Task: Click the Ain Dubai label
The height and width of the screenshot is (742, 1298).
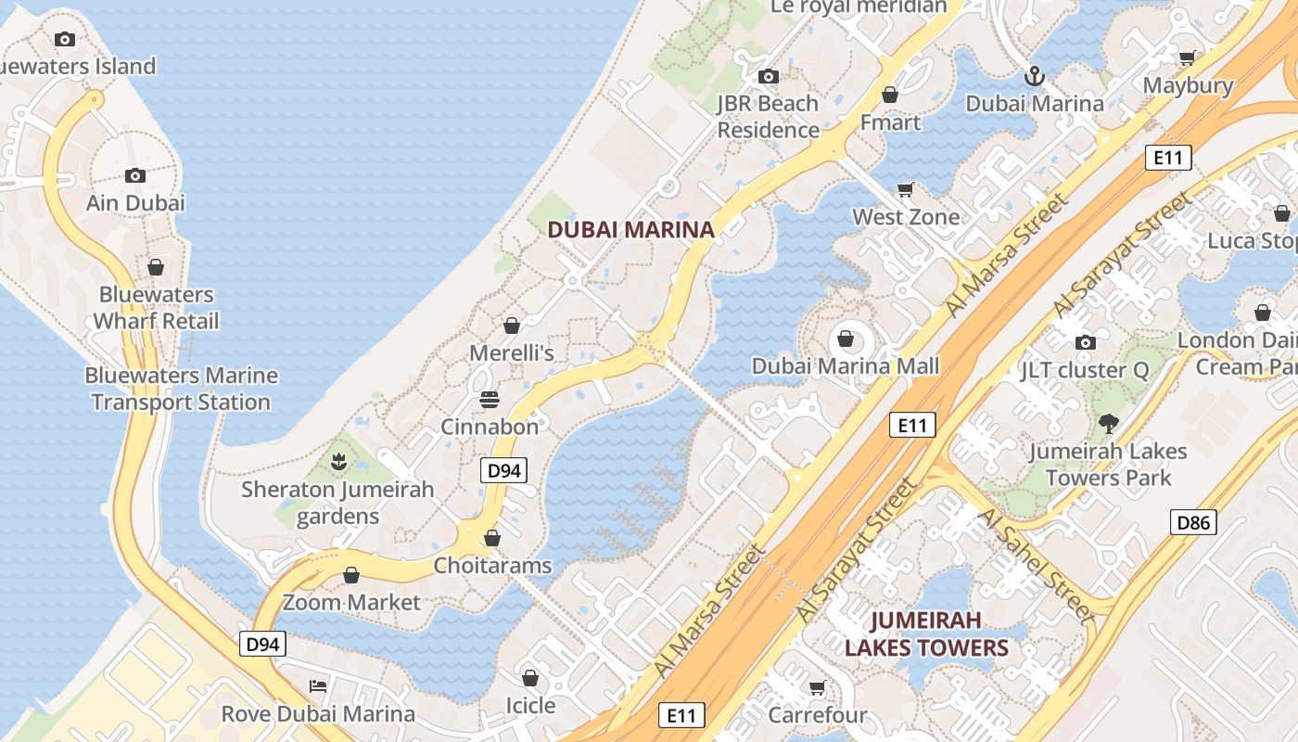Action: pyautogui.click(x=135, y=203)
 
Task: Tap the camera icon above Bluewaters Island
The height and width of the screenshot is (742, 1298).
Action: pyautogui.click(x=64, y=39)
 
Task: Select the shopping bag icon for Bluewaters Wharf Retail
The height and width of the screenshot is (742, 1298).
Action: pyautogui.click(x=156, y=267)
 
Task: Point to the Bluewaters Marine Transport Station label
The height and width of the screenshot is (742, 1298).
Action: pyautogui.click(x=181, y=389)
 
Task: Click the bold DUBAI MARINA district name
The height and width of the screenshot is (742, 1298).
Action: pyautogui.click(x=630, y=229)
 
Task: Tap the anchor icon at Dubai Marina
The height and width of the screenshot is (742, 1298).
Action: pyautogui.click(x=1034, y=76)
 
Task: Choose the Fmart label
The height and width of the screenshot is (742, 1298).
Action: pyautogui.click(x=890, y=122)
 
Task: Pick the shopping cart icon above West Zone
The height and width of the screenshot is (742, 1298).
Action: pyautogui.click(x=906, y=189)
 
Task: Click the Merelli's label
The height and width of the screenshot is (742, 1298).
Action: pyautogui.click(x=511, y=353)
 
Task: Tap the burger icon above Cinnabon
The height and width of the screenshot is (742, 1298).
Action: pyautogui.click(x=490, y=400)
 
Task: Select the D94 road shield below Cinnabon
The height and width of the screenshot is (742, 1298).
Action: pyautogui.click(x=503, y=470)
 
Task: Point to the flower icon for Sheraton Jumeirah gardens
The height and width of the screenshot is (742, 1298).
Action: pyautogui.click(x=338, y=461)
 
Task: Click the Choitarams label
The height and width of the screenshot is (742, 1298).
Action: pyautogui.click(x=492, y=566)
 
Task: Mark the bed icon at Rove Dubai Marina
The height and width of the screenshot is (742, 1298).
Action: pyautogui.click(x=318, y=686)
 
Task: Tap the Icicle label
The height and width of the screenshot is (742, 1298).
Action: pyautogui.click(x=530, y=706)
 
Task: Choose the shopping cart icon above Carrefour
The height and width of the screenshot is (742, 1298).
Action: pyautogui.click(x=817, y=688)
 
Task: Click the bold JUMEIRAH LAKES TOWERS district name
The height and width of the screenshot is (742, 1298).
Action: pyautogui.click(x=925, y=633)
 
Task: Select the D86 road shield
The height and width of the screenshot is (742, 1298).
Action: pyautogui.click(x=1192, y=522)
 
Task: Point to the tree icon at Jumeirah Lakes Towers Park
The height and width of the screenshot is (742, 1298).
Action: pyautogui.click(x=1107, y=425)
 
